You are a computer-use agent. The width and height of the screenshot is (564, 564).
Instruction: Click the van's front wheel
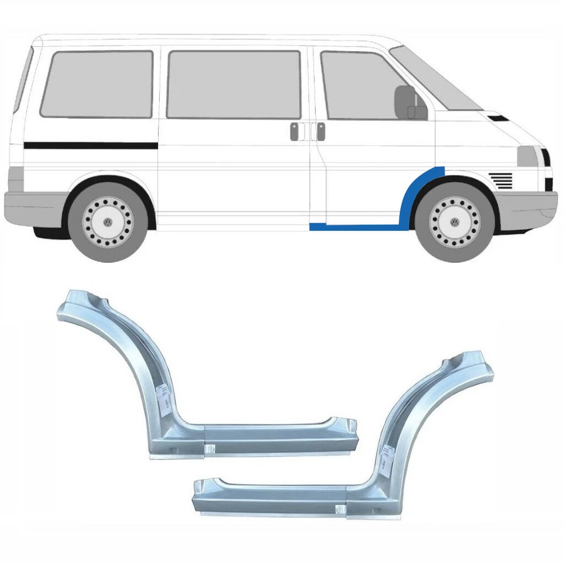454,221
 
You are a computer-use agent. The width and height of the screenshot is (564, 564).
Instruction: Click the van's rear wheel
108,221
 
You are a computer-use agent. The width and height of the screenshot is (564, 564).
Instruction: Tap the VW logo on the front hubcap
454,222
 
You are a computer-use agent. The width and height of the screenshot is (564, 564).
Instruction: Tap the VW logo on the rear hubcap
108,222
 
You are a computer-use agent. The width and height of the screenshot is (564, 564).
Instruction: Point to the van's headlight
527,157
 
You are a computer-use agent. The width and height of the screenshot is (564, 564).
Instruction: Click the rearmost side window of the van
97,83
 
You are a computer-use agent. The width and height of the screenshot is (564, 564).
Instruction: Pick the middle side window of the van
233,84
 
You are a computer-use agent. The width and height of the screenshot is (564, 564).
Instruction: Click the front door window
358,85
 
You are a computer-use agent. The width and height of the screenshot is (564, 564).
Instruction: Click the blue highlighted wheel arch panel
411,194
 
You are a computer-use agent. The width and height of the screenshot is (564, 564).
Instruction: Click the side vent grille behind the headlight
500,179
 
